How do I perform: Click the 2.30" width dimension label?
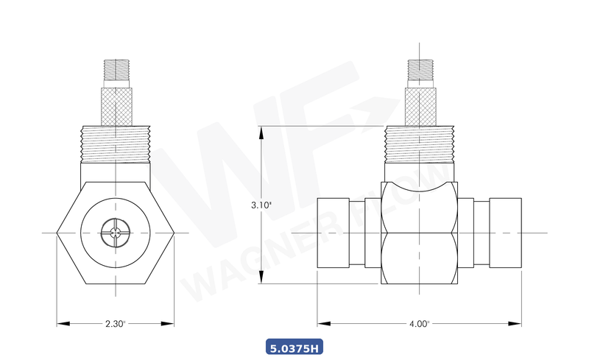coord(116,323)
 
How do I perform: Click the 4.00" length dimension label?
coord(419,323)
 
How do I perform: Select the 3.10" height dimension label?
coord(261,205)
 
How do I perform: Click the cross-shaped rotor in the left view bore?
coord(116,233)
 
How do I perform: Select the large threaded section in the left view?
coord(116,143)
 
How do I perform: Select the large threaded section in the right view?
coord(419,143)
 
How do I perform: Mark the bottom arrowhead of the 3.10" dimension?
coord(261,281)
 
